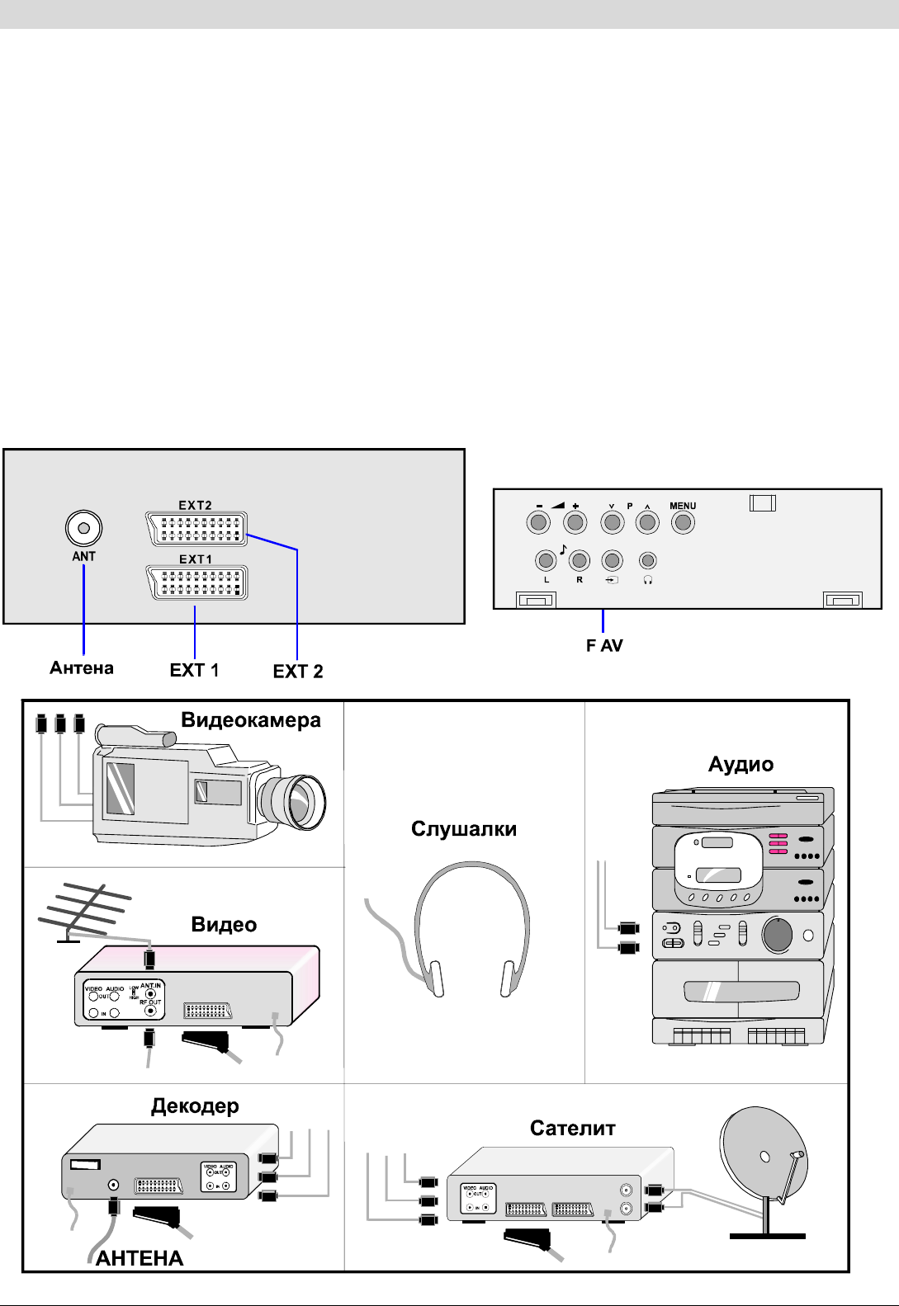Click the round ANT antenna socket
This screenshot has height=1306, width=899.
[x=83, y=528]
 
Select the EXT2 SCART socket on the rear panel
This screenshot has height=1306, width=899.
[x=196, y=529]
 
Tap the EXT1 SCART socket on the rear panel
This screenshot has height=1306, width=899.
[x=196, y=582]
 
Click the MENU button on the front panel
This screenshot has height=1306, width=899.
[x=683, y=522]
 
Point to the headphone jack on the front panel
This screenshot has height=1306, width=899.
[x=648, y=561]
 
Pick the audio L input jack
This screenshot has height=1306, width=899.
[x=546, y=561]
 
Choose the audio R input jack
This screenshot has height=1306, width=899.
[x=580, y=561]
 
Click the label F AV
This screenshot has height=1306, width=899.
[x=604, y=646]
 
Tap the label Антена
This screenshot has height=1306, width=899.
[x=82, y=668]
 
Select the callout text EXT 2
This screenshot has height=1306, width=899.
[x=298, y=672]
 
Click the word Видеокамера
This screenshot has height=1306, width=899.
[x=251, y=720]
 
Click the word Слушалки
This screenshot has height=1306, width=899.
[x=464, y=829]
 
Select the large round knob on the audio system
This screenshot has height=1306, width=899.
[x=777, y=935]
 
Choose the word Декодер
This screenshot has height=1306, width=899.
[x=195, y=1106]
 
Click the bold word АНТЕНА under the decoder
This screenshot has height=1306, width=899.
[x=140, y=1258]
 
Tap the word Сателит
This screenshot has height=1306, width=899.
[x=572, y=1129]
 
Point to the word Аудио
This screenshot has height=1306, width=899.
[x=740, y=765]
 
